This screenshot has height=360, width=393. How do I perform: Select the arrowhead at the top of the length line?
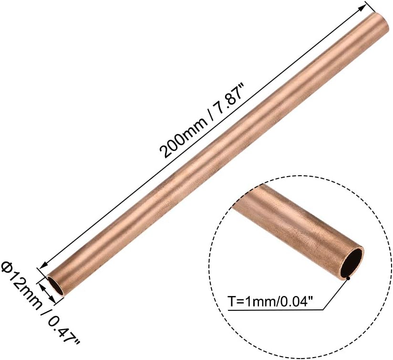tap(361, 8)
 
